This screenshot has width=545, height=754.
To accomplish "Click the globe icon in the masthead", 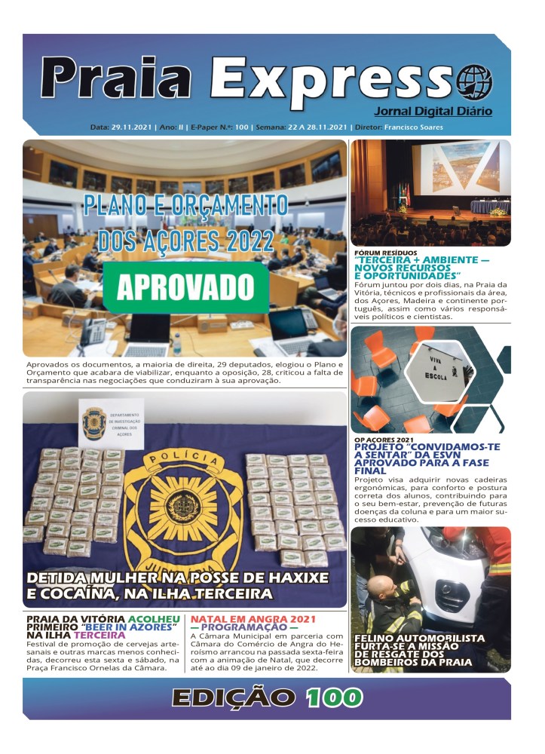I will [475, 80].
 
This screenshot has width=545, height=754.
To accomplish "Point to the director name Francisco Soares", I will [413, 127].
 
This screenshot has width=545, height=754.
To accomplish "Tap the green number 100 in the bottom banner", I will [335, 697].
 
